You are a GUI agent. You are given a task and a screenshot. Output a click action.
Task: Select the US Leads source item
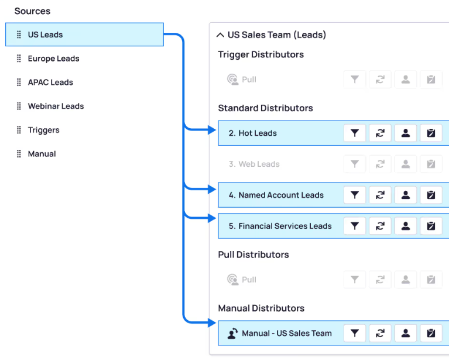(84, 35)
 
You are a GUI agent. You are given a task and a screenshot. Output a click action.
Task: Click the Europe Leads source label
(53, 59)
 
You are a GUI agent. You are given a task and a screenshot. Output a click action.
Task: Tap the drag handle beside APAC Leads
(19, 82)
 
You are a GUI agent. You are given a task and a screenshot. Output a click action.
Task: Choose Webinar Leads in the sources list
(56, 106)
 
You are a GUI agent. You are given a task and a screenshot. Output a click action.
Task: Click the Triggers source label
(43, 130)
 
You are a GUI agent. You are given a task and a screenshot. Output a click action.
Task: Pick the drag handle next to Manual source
(19, 154)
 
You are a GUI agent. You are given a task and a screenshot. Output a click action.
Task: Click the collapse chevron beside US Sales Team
(220, 35)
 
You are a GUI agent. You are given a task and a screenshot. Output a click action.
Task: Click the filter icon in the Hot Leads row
(355, 133)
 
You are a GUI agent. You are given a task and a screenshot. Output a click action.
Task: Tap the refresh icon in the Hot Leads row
(380, 133)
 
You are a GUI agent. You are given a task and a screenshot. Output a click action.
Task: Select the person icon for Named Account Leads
(406, 195)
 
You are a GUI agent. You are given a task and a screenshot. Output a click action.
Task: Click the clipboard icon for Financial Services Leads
(431, 226)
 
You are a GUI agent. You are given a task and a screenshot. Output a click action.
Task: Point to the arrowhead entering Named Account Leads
(212, 189)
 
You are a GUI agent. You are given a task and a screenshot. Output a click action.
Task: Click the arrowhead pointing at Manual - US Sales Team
(212, 323)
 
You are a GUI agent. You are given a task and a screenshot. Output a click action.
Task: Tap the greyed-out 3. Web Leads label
(254, 164)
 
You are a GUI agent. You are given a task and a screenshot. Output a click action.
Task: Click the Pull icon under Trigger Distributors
(232, 80)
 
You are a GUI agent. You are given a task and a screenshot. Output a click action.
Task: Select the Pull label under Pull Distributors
(249, 280)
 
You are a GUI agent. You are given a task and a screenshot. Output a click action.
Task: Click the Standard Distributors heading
(265, 108)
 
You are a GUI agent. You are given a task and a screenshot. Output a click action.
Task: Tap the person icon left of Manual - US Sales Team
(232, 333)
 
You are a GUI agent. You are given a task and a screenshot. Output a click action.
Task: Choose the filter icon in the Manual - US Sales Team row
(355, 333)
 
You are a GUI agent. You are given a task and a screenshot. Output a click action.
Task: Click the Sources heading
(32, 11)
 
